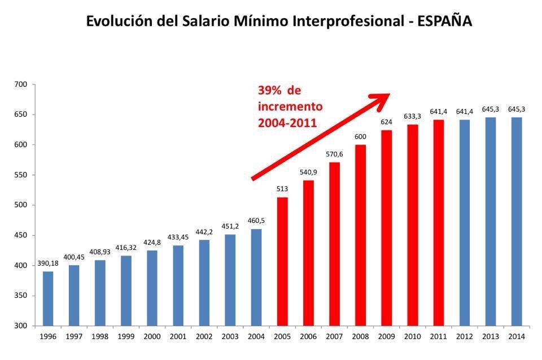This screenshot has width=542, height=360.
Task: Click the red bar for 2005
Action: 282,261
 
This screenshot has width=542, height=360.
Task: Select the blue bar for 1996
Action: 48,298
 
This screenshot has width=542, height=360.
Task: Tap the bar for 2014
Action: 516,221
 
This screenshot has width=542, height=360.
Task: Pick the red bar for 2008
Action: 360,235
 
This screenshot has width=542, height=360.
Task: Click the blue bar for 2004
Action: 256,277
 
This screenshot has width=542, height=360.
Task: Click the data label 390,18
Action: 48,264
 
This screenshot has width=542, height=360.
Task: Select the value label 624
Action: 386,122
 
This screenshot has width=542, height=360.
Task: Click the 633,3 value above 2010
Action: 412,116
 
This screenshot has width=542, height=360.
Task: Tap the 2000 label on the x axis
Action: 152,336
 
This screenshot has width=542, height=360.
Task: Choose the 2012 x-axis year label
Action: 464,336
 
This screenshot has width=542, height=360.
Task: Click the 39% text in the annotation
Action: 270,91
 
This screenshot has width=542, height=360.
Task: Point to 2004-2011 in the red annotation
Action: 287,122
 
